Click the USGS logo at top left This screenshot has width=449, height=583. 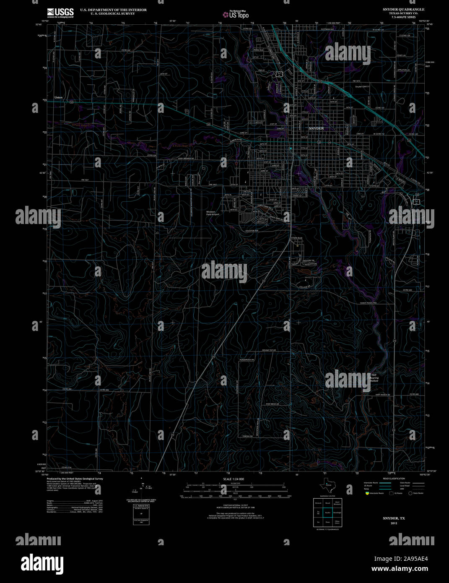[60, 12]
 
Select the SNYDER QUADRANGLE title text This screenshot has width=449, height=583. [403, 9]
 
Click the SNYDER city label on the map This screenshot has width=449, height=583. [316, 128]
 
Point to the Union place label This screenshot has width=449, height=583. [58, 97]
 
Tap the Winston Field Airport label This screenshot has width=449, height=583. [212, 213]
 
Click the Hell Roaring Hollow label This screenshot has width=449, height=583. [374, 377]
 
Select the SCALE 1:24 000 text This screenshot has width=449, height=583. [233, 479]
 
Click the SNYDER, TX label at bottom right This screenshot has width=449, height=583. [394, 519]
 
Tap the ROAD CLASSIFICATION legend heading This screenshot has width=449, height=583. [394, 479]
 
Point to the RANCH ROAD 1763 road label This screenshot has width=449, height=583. [369, 303]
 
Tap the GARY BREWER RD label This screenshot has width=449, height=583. [186, 158]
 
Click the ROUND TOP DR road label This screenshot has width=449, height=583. [269, 350]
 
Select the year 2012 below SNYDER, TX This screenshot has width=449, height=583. [394, 523]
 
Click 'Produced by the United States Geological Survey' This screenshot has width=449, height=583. [75, 479]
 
